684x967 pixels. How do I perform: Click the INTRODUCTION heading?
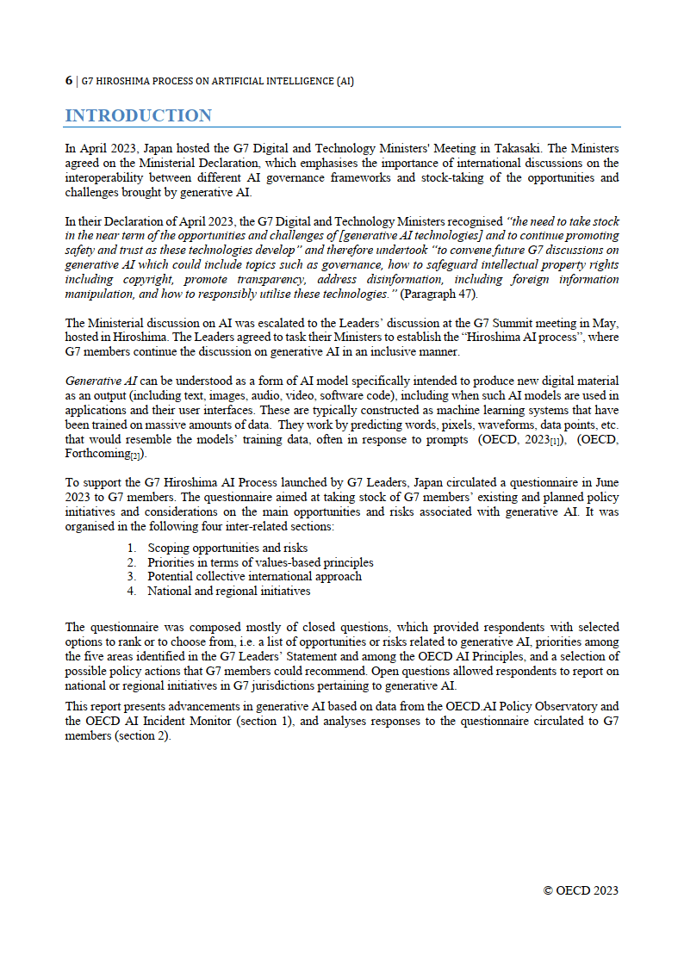click(x=138, y=115)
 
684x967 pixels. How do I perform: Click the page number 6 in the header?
click(x=69, y=81)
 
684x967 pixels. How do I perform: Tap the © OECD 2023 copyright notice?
click(x=580, y=890)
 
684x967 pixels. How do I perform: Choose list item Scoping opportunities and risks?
click(x=227, y=548)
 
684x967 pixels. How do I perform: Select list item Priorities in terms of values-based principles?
click(x=260, y=562)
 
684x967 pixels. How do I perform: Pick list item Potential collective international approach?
click(x=254, y=576)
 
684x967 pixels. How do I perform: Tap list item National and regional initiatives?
click(x=228, y=591)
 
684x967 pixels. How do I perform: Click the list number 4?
click(x=131, y=591)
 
